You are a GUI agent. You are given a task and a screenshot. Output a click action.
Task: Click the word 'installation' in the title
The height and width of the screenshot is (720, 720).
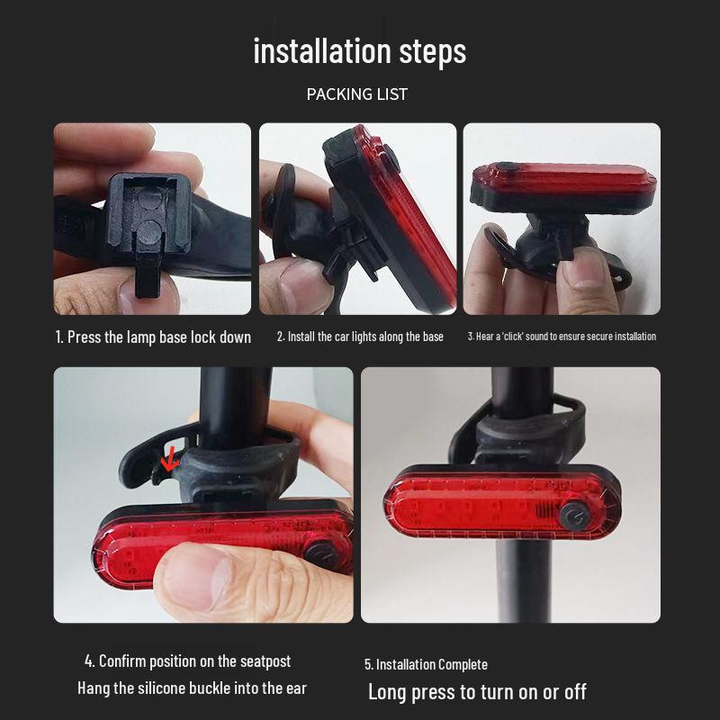tap(320, 51)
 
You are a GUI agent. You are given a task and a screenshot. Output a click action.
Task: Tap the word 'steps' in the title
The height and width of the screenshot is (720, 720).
tap(430, 51)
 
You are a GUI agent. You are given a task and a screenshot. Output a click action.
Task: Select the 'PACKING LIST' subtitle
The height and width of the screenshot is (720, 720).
tap(357, 94)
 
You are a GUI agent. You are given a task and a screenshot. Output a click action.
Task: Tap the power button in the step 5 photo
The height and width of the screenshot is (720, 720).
tap(571, 517)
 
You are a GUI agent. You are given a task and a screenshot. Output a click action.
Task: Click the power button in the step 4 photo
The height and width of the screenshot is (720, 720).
tap(317, 552)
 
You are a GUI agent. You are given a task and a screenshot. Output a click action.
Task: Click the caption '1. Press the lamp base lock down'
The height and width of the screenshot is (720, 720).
tap(153, 337)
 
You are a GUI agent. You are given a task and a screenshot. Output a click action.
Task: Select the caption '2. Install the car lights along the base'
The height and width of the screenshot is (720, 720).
tap(360, 337)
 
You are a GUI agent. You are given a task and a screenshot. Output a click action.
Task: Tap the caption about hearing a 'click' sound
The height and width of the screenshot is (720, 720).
tap(562, 337)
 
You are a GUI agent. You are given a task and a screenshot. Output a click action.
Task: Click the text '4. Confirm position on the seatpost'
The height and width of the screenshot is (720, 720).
tap(188, 661)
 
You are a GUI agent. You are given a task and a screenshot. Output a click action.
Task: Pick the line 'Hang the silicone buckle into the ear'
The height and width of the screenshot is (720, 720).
tap(192, 688)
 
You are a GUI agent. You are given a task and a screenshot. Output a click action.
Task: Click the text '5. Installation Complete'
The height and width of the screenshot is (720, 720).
tap(426, 664)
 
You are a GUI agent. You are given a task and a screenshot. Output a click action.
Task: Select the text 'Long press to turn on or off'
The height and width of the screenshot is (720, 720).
tap(477, 691)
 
